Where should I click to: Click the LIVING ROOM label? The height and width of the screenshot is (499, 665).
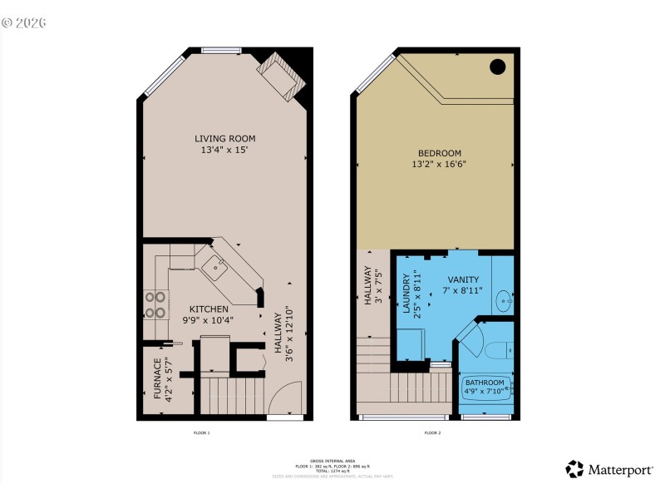point(224,138)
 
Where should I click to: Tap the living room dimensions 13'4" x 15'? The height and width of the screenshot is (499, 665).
point(224,151)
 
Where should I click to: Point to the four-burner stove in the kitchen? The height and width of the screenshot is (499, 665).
point(155,304)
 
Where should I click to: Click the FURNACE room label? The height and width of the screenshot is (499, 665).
point(157,381)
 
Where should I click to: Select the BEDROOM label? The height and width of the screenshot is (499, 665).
point(439,153)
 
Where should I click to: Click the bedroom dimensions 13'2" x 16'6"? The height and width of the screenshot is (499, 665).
point(439,165)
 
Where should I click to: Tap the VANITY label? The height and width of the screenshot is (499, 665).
point(463,280)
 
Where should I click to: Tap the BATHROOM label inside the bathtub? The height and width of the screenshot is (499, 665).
point(484,383)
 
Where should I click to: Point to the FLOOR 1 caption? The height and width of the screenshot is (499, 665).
point(202,433)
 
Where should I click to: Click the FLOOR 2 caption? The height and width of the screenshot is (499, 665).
point(432,433)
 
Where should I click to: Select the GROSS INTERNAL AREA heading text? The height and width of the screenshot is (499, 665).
point(332,460)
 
